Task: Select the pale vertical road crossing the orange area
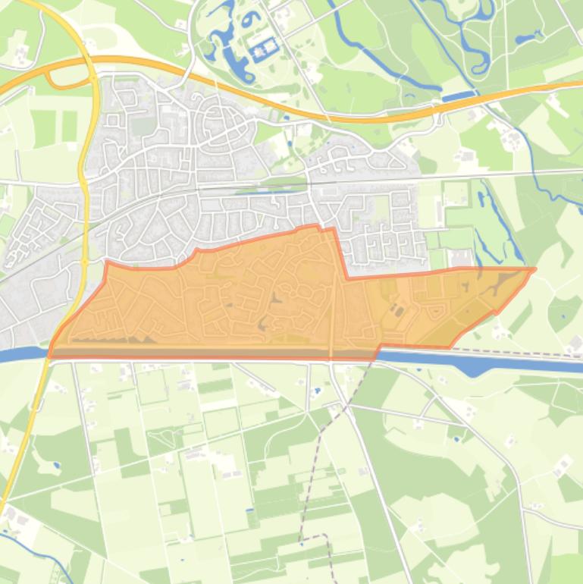click(x=332, y=303)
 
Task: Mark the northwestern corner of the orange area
click(x=106, y=262)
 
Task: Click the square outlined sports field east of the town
click(x=456, y=193)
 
